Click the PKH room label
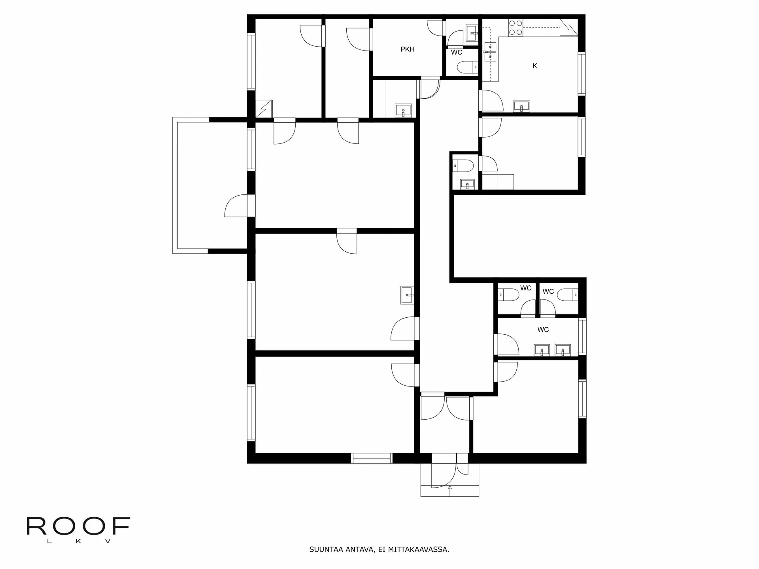pyautogui.click(x=407, y=50)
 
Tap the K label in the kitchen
pyautogui.click(x=535, y=66)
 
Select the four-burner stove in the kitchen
pyautogui.click(x=515, y=27)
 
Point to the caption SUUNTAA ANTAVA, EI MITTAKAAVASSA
pyautogui.click(x=379, y=550)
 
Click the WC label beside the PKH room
pyautogui.click(x=457, y=53)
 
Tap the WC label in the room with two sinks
pyautogui.click(x=543, y=330)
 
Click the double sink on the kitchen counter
pyautogui.click(x=491, y=52)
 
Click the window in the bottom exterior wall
pyautogui.click(x=372, y=458)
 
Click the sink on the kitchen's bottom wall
pyautogui.click(x=521, y=106)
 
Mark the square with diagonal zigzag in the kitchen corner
pyautogui.click(x=569, y=28)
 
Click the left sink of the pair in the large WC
pyautogui.click(x=542, y=350)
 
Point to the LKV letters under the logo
pyautogui.click(x=78, y=541)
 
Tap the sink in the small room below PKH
pyautogui.click(x=403, y=110)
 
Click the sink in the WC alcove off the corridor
pyautogui.click(x=467, y=184)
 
